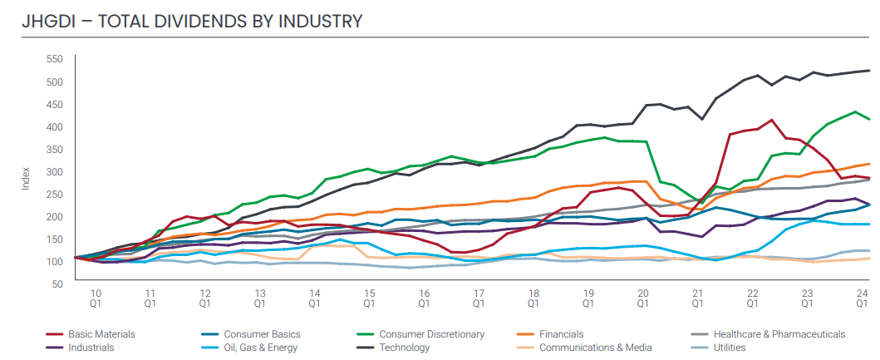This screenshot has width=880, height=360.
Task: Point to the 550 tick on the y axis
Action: tap(54, 59)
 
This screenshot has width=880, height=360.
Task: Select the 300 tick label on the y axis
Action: tap(54, 171)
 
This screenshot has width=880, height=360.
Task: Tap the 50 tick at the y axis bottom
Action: tap(57, 284)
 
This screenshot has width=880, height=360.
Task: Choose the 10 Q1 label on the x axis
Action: tap(96, 298)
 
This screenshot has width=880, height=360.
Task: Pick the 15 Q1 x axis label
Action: tap(369, 298)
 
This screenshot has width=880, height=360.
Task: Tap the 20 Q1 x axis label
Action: tap(642, 298)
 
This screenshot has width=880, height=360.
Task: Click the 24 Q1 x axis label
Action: tap(862, 298)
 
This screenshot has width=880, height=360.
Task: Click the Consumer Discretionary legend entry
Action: tap(431, 334)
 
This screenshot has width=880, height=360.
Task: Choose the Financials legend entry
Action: tap(562, 334)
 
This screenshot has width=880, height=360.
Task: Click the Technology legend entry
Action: tap(405, 348)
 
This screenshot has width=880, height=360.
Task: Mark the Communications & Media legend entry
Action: tap(595, 348)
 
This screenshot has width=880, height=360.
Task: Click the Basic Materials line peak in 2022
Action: tap(772, 120)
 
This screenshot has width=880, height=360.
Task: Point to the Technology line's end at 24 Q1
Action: tap(870, 71)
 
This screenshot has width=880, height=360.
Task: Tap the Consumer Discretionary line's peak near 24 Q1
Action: tap(856, 111)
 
